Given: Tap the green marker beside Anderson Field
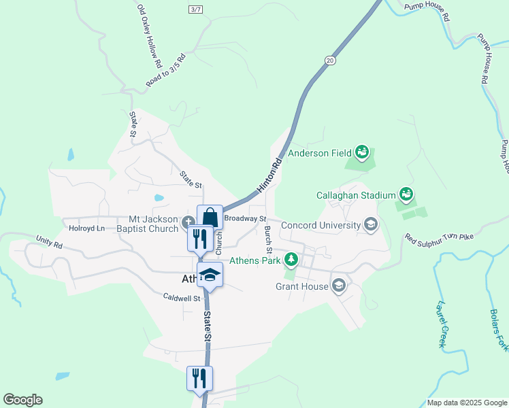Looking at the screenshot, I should pos(361,152).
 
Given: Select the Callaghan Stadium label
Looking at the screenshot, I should pos(356,195).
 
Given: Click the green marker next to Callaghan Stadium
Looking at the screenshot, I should pos(406,194).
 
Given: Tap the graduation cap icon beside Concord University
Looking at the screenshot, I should pos(371,225).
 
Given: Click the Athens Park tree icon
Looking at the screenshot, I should pos(291,259).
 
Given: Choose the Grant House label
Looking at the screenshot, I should pos(302,286).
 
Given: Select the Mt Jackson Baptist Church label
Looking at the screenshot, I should pos(154,224).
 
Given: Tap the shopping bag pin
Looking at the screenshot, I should pos(210,218).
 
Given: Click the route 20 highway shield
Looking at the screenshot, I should pos(330,61).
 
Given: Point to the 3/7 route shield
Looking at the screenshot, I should pos(196,9).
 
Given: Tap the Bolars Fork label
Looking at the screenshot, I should pos(499,330).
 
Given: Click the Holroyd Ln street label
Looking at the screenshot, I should pos(83,228).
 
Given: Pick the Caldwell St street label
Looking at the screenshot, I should pos(182,297).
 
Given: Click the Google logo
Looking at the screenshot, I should pos(22,400).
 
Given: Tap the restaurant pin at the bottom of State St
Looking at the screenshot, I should pos(200,378).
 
